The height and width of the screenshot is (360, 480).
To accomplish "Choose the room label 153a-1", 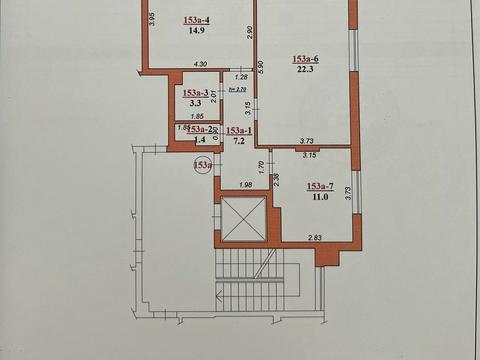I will click(238, 131).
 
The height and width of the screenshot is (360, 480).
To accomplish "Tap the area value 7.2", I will click(238, 143).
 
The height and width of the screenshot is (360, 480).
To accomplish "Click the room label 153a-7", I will click(321, 186).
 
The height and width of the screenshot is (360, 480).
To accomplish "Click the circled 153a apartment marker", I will click(203, 165).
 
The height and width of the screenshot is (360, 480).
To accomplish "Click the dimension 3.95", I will click(151, 20).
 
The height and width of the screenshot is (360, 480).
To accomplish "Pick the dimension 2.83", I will click(315, 239).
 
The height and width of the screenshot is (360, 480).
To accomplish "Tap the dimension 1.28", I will click(240, 77).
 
